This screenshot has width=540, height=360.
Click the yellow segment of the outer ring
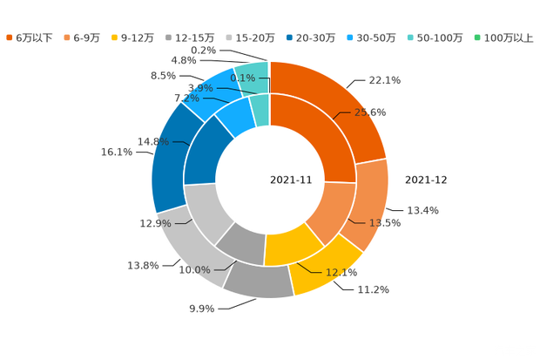tap(327, 270)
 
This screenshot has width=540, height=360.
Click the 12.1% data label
tap(341, 273)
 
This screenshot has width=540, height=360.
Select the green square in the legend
tap(477, 37)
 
